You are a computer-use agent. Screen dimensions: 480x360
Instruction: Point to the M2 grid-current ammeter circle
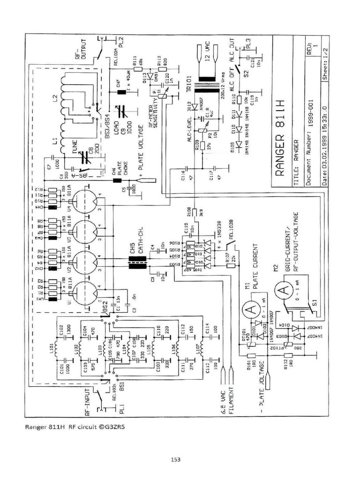[284, 291]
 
